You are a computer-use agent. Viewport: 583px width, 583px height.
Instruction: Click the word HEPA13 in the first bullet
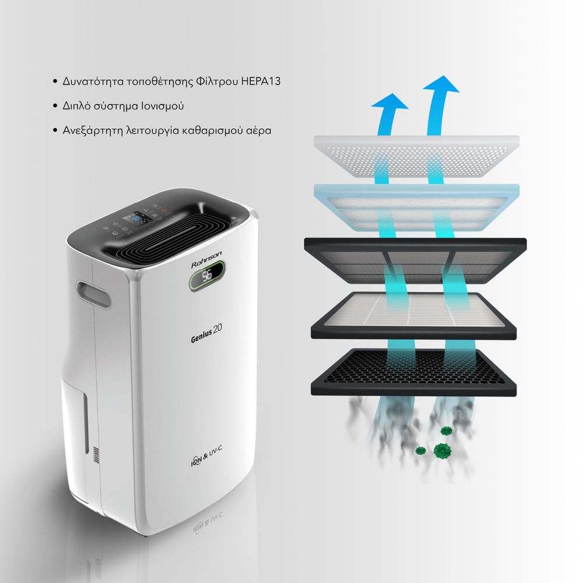click(261, 82)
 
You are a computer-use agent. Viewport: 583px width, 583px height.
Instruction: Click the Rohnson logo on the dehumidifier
click(206, 259)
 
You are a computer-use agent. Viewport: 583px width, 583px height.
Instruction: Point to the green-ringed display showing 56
click(207, 275)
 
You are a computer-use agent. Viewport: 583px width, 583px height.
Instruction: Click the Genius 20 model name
click(206, 333)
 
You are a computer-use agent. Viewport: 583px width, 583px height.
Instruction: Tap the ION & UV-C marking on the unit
click(206, 456)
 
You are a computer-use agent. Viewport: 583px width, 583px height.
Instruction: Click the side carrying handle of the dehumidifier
click(93, 295)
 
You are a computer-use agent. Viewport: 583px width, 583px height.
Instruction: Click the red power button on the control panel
click(164, 211)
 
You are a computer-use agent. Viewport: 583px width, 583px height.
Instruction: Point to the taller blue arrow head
click(442, 84)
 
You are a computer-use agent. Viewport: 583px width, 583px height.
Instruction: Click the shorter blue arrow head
click(390, 101)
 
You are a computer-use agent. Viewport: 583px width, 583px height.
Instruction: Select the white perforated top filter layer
click(416, 156)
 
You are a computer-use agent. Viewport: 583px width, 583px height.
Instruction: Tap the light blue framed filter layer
click(416, 208)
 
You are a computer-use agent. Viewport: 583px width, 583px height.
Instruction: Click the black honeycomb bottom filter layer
click(413, 372)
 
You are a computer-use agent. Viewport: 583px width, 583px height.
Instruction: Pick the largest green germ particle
click(442, 451)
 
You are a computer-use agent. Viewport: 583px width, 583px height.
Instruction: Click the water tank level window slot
click(86, 423)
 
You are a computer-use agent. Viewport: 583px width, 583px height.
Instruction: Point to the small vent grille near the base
click(96, 455)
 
